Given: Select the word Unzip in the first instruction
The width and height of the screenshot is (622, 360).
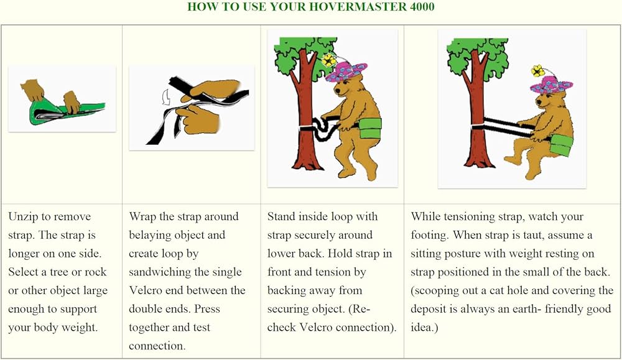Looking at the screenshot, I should [23, 217].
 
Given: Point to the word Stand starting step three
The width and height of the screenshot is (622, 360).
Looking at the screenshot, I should [281, 217].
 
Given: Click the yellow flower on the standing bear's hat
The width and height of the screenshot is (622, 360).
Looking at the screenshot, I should [328, 60].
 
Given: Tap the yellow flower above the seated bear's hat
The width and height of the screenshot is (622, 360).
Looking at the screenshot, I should [537, 70].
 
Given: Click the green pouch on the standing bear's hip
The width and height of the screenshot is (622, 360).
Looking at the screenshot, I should [370, 128].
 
